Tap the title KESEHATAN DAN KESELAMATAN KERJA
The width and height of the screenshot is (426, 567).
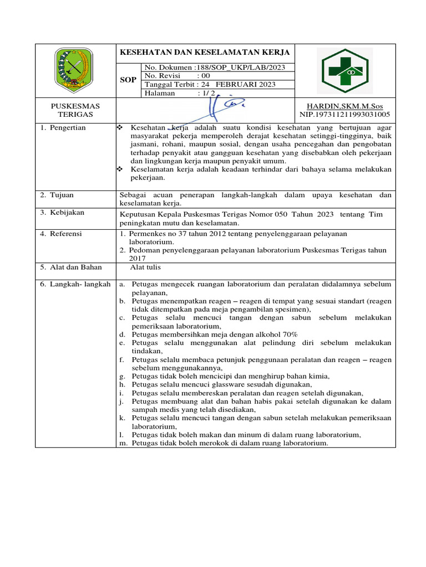tap(205, 53)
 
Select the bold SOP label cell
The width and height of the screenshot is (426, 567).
tap(128, 80)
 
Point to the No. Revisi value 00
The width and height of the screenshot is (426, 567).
tap(205, 76)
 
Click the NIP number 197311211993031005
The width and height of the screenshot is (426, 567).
tap(344, 115)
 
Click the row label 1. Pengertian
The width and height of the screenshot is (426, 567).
tap(62, 128)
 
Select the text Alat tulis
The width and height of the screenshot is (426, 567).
tap(145, 267)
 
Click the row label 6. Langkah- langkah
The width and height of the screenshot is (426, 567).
tap(75, 284)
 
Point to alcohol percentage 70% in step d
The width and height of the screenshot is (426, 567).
tap(289, 334)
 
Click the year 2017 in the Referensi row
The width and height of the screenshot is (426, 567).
tap(137, 258)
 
